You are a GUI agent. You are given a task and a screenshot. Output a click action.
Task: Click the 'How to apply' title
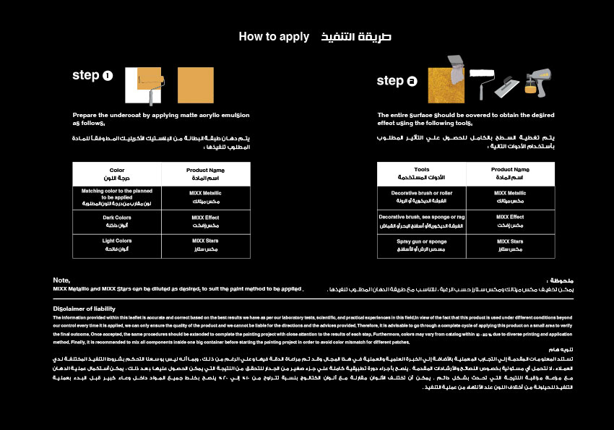tap(274, 36)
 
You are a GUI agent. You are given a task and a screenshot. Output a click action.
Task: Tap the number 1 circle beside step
tap(108, 75)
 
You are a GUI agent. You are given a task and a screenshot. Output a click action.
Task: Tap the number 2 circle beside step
tap(412, 81)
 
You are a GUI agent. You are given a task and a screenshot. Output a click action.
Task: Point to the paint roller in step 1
tap(150, 81)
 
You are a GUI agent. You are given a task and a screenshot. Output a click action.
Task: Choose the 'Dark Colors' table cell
tap(117, 221)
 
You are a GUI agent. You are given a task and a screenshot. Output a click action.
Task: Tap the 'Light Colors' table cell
tap(117, 245)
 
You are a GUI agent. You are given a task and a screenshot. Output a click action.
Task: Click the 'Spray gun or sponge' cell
tap(422, 245)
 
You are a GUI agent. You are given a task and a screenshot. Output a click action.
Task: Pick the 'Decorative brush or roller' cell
tap(422, 197)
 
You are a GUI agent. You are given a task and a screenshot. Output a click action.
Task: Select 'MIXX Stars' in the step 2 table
tap(510, 245)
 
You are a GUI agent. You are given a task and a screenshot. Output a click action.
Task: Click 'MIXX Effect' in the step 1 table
tap(206, 221)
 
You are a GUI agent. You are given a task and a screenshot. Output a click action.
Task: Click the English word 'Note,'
tap(61, 280)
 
